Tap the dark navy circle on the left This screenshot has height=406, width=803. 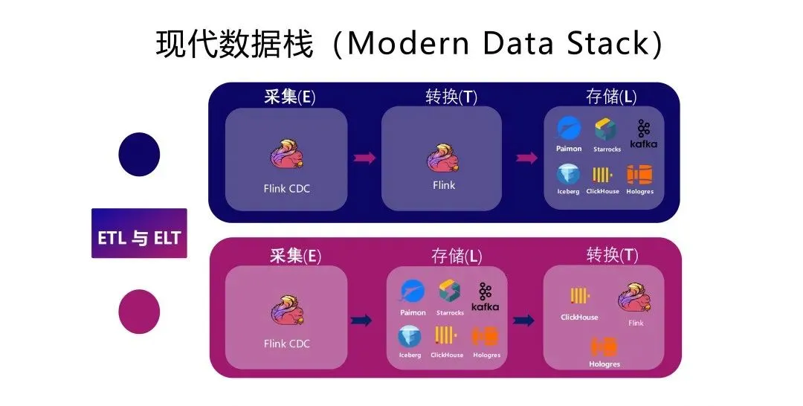click(139, 155)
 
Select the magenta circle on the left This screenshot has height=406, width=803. click(139, 312)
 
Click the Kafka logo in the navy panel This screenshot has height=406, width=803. click(643, 133)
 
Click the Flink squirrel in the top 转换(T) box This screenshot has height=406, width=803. click(443, 159)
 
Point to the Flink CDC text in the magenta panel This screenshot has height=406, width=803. click(286, 344)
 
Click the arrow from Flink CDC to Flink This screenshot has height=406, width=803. click(364, 158)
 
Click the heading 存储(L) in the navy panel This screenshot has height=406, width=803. click(611, 97)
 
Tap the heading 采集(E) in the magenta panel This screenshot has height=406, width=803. click(295, 256)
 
